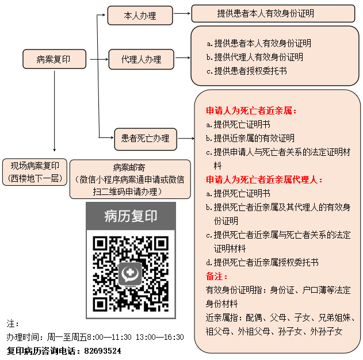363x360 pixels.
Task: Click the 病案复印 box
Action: point(54,59)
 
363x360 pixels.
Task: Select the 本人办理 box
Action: point(140,16)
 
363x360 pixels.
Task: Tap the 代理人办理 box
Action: point(141,59)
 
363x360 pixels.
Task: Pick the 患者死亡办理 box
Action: point(146,139)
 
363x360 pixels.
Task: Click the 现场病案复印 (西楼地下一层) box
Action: point(35,172)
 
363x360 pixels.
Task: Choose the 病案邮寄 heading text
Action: point(129,167)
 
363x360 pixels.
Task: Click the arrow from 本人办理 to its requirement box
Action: point(182,13)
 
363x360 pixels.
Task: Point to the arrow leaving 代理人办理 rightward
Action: point(183,58)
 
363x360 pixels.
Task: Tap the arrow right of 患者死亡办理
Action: point(186,139)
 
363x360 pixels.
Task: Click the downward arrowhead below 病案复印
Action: point(55,150)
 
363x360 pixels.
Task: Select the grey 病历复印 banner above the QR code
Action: point(131,216)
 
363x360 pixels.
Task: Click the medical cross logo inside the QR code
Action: point(131,274)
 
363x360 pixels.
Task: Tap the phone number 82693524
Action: point(102,351)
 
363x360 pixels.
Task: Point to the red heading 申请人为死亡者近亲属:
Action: point(251,110)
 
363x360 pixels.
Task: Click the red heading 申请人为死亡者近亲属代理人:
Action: point(264,179)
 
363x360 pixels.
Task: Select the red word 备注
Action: point(217,276)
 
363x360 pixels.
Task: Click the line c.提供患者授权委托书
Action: point(247,71)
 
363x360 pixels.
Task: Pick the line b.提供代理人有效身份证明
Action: point(255,57)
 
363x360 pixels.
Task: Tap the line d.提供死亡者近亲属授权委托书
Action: point(262,262)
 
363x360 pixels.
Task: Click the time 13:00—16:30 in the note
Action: point(160,337)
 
